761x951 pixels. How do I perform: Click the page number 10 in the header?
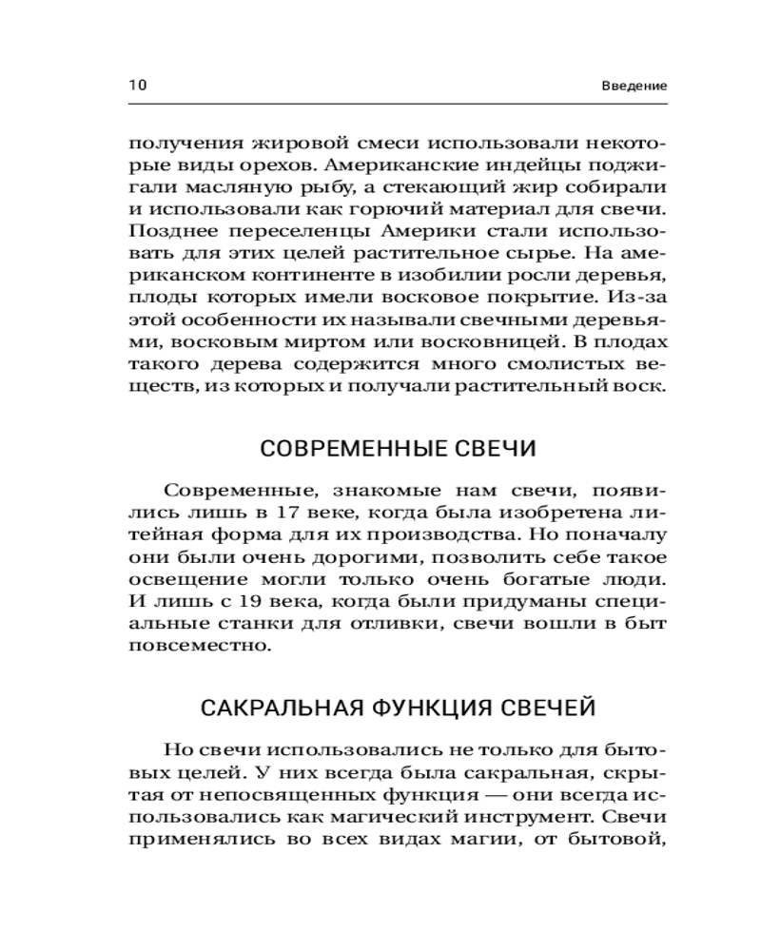pos(137,85)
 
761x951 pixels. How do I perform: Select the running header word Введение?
pos(634,86)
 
